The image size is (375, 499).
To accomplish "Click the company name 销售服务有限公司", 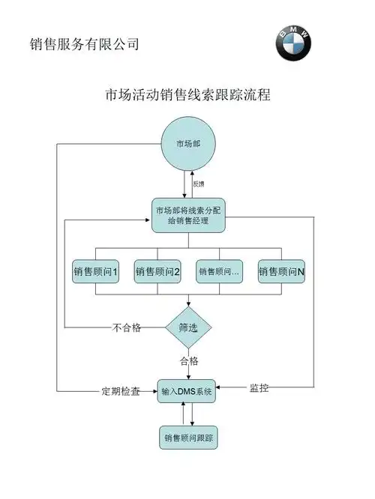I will [85, 44].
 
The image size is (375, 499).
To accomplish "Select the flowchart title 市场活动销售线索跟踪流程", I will [188, 95].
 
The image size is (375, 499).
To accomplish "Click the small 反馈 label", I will [199, 184].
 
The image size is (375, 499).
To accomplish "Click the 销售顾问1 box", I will [95, 273].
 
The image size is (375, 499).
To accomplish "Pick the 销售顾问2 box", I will [157, 273].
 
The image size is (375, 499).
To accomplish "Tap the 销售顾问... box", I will [219, 273].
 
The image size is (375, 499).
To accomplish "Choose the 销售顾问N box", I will [281, 273].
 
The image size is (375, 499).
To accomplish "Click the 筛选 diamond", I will [188, 327].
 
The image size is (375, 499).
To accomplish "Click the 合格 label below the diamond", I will [188, 361].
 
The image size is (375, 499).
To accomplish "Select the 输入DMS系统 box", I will [188, 390].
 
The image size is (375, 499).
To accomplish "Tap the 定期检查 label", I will [121, 391].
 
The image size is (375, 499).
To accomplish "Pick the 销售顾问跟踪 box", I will [188, 437].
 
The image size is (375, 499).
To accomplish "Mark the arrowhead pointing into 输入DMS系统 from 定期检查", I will [154, 391].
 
